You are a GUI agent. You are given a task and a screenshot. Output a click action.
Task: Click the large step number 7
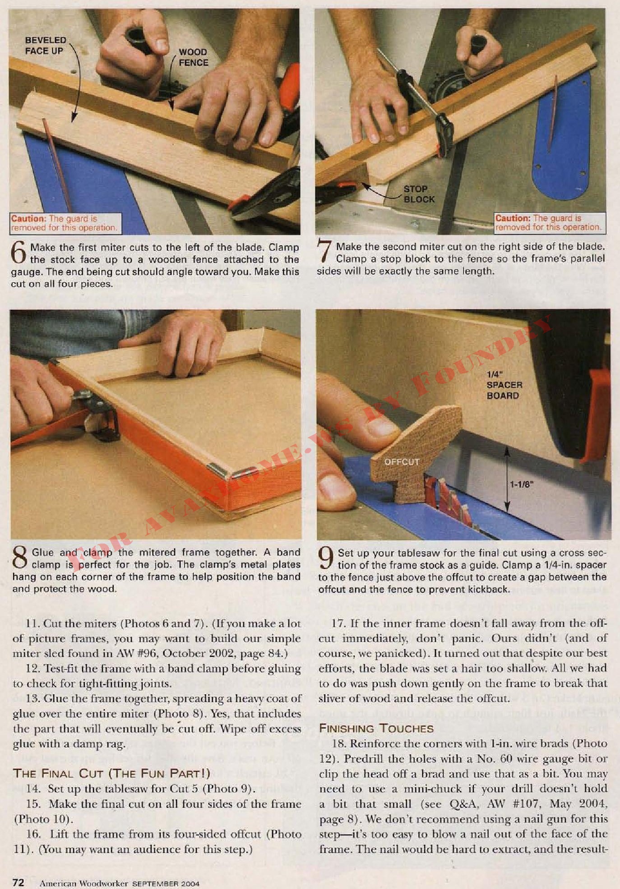coord(324,251)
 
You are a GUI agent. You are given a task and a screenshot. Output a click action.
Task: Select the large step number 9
coord(326,558)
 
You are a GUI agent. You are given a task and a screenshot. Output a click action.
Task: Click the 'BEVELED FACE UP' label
coord(46,46)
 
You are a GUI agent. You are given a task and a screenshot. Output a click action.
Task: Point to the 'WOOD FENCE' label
coord(194,57)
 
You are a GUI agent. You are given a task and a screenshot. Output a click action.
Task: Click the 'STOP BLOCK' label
coord(419,194)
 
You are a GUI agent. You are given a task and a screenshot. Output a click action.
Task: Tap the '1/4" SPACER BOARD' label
coord(504,385)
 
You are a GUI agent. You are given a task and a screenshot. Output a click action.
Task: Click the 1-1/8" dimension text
coord(522,484)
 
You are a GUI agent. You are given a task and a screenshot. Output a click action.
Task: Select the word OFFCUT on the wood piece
coord(402,462)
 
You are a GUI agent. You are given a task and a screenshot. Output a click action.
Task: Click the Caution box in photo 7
coord(549,223)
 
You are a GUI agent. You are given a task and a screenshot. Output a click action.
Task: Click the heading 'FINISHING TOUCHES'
coord(376,728)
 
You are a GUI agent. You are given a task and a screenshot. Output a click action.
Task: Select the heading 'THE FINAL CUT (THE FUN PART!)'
coord(111,774)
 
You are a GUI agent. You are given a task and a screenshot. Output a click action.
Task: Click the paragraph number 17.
coord(338,624)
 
